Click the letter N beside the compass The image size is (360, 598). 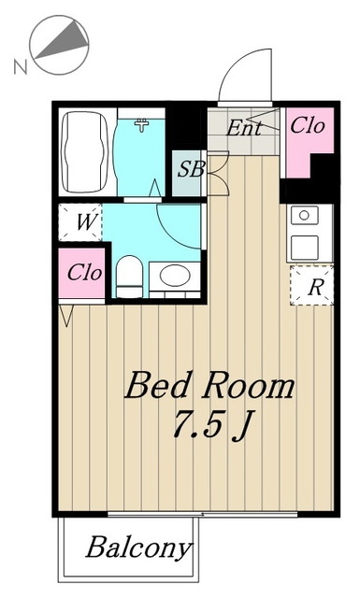pyautogui.click(x=21, y=66)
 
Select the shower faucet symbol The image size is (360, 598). pyautogui.click(x=142, y=124)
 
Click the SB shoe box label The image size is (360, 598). pyautogui.click(x=192, y=169)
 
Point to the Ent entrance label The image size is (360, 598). pyautogui.click(x=244, y=128)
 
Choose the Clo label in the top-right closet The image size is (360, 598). pyautogui.click(x=308, y=125)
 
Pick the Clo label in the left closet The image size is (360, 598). pyautogui.click(x=85, y=273)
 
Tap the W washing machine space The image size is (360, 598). pyautogui.click(x=80, y=222)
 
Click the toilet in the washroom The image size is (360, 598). pyautogui.click(x=129, y=277)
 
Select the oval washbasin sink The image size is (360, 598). pyautogui.click(x=175, y=275)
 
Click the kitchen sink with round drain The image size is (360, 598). pyautogui.click(x=304, y=216)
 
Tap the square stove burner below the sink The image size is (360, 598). pyautogui.click(x=305, y=248)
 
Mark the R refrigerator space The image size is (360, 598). pyautogui.click(x=312, y=286)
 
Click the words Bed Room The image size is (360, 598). pyautogui.click(x=209, y=387)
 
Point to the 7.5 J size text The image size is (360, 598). pyautogui.click(x=212, y=426)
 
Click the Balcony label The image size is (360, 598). pyautogui.click(x=138, y=548)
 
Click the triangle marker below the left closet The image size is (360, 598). pyautogui.click(x=66, y=316)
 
